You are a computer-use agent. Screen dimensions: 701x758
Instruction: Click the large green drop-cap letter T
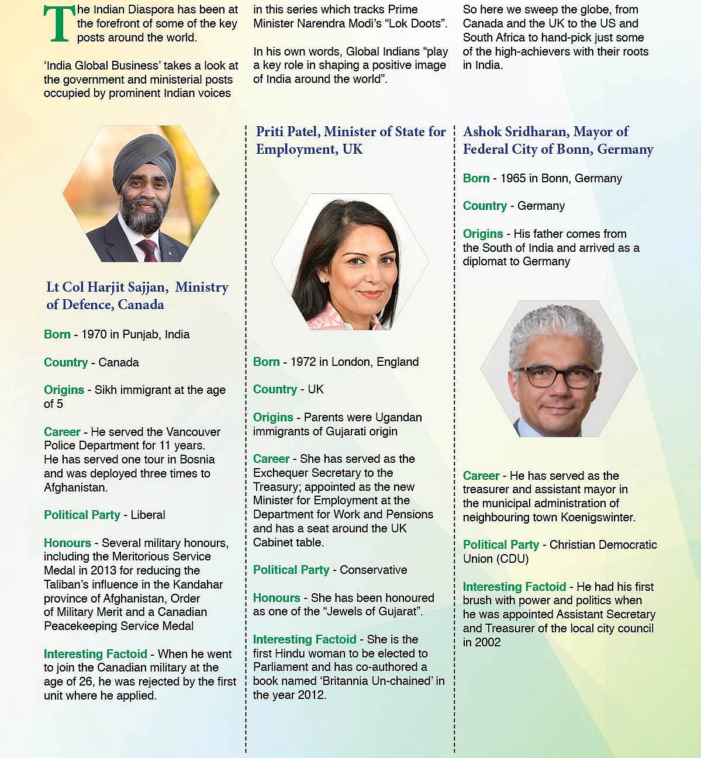click(x=60, y=25)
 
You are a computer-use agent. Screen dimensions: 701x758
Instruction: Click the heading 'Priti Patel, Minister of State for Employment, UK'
click(x=351, y=140)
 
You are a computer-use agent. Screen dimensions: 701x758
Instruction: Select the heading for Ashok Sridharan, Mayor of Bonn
click(x=558, y=140)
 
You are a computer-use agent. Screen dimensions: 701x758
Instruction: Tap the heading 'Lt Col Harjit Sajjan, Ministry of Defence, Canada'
click(x=137, y=296)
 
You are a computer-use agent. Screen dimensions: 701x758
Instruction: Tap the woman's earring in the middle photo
click(x=322, y=281)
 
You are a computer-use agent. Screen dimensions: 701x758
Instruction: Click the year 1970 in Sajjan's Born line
click(x=94, y=335)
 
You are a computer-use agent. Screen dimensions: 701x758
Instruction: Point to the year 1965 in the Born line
click(x=513, y=178)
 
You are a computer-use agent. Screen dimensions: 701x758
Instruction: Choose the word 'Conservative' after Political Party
click(x=374, y=570)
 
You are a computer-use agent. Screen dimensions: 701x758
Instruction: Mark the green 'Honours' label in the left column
click(x=67, y=543)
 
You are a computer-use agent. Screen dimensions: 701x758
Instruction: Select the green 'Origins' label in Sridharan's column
click(x=483, y=234)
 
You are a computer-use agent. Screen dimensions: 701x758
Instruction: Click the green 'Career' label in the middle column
click(x=271, y=459)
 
